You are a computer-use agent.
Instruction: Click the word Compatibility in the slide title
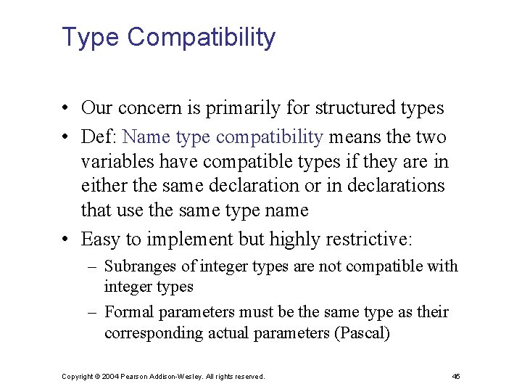[x=201, y=37]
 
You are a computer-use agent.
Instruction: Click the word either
[x=104, y=186]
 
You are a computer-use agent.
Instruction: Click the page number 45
[x=455, y=376]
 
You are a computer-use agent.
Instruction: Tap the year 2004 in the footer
[x=111, y=376]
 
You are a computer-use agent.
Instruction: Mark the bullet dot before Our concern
[x=65, y=109]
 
